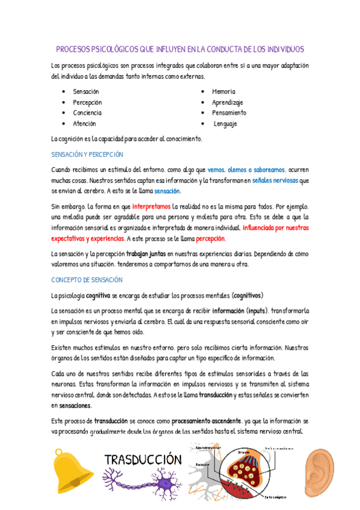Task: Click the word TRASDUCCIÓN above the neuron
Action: (143, 459)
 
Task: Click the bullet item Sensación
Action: (86, 91)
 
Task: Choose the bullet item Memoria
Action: (224, 91)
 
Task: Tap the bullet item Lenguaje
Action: (225, 124)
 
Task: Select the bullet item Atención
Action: (84, 124)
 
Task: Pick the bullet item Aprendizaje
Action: (227, 102)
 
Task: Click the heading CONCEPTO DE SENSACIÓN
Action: (88, 280)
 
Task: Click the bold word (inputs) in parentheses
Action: (257, 310)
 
